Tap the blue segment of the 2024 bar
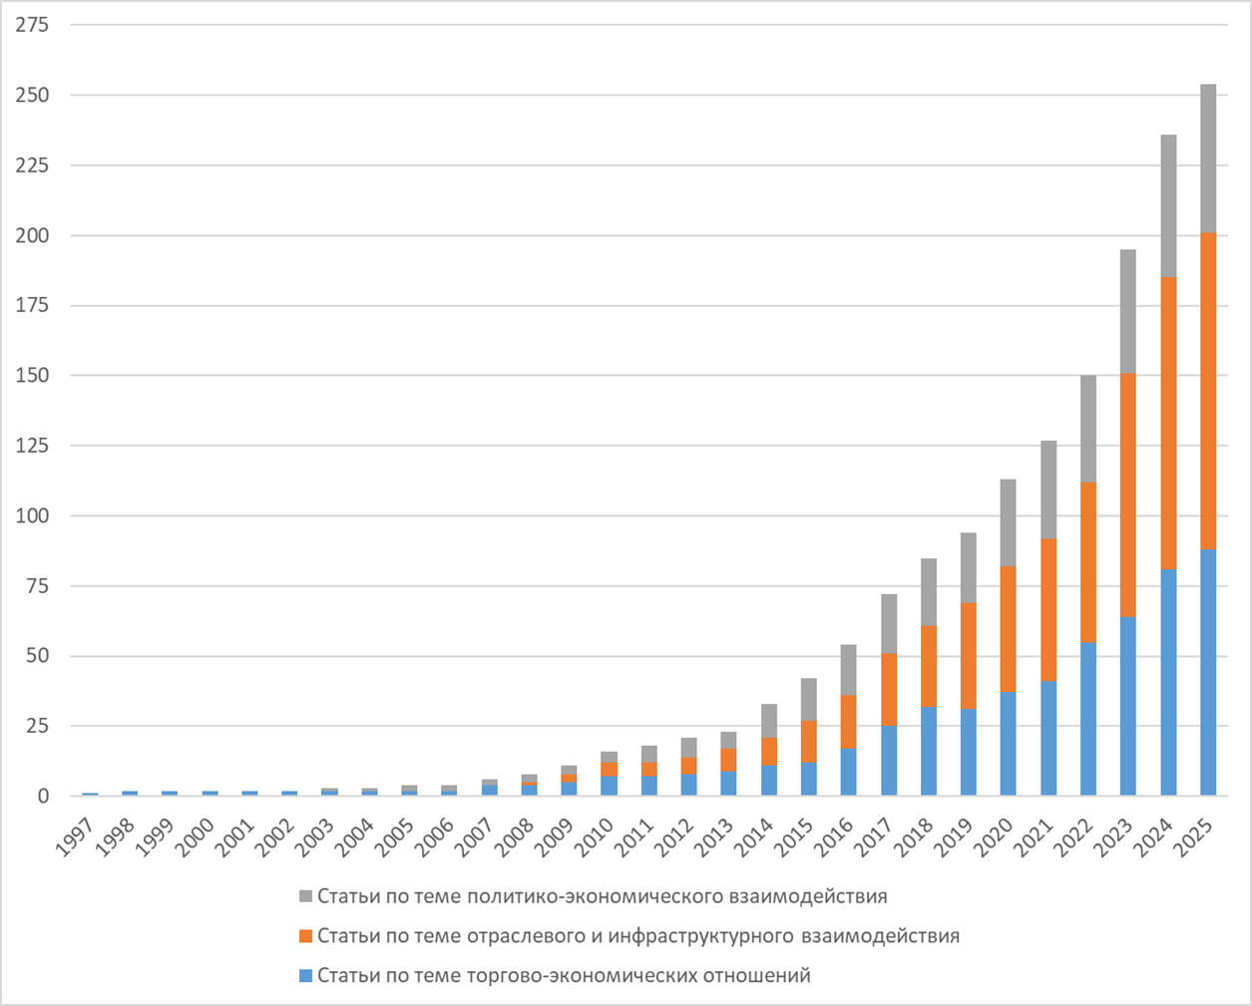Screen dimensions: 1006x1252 tap(1167, 682)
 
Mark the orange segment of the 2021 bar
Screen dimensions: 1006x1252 tap(1047, 609)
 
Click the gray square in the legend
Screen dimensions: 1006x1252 tap(306, 896)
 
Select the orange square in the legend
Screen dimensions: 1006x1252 tap(306, 936)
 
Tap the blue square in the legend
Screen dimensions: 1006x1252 tap(306, 976)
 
